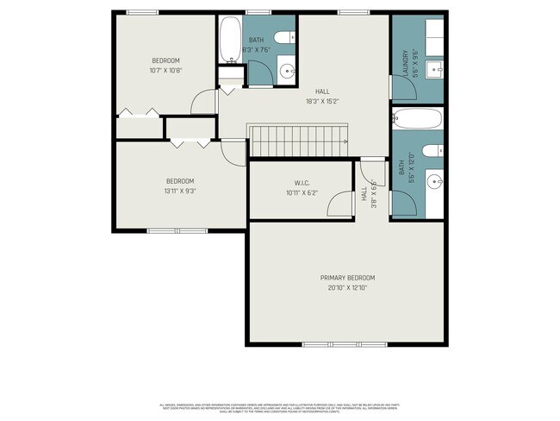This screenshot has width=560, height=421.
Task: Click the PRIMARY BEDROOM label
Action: coord(347,277)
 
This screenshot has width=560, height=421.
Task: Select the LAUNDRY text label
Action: coord(403,63)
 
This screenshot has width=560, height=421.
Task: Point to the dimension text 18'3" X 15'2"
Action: coord(322,101)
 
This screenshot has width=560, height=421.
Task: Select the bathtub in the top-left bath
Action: coord(230,40)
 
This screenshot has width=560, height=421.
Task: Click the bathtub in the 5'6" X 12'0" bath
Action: coord(417,118)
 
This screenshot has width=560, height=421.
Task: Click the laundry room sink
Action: coord(435,69)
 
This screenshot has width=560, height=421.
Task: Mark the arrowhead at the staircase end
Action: coord(345,141)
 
